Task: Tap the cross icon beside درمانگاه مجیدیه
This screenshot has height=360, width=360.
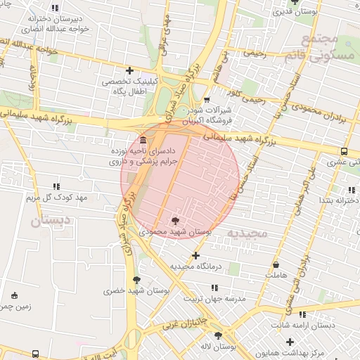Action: [195, 255]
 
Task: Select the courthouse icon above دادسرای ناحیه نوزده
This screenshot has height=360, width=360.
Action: [143, 138]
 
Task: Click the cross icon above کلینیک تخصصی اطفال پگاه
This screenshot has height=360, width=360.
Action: [129, 70]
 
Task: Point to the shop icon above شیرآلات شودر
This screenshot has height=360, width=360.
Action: [206, 100]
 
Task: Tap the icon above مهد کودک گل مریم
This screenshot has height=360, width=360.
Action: [56, 186]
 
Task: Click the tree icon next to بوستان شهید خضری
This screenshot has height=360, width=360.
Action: [136, 280]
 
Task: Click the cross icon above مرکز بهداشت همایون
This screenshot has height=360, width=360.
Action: [290, 342]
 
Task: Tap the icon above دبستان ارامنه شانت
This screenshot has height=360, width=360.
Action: [302, 314]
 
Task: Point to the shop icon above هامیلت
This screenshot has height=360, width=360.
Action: [276, 265]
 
